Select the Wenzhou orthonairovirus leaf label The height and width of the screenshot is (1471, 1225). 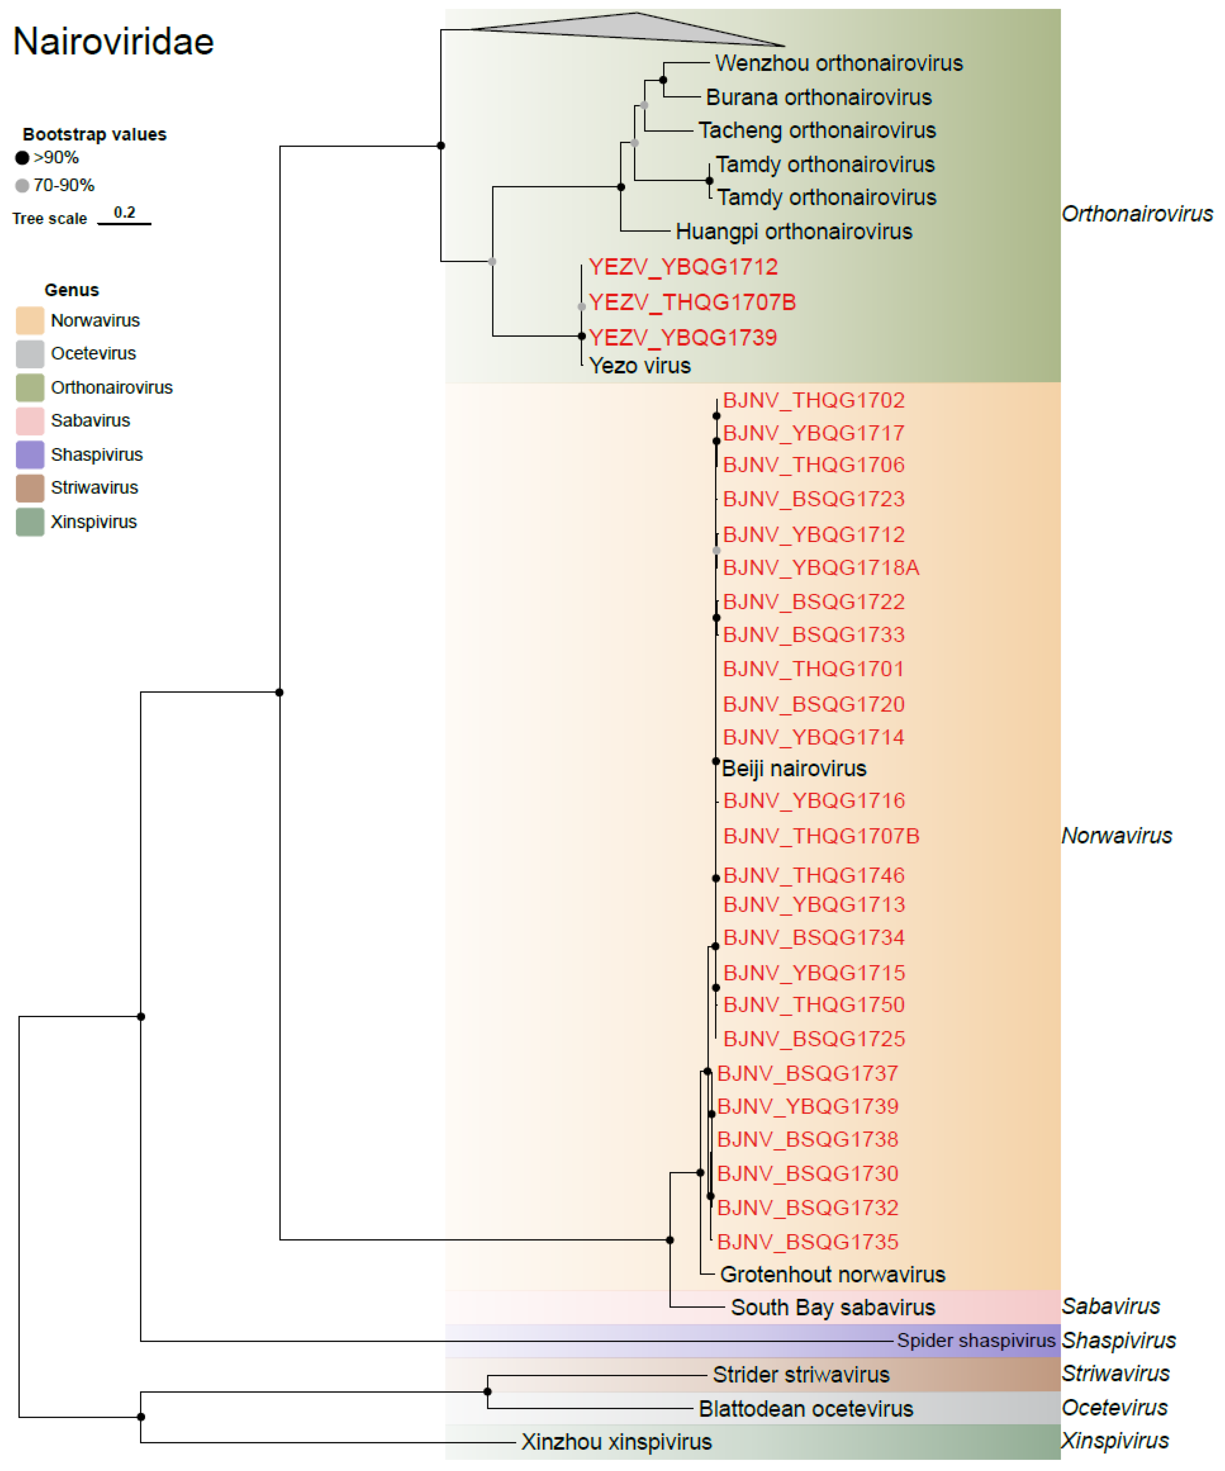pyautogui.click(x=838, y=63)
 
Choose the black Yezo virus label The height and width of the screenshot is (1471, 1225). pyautogui.click(x=640, y=366)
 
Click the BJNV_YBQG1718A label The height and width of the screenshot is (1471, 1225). pyautogui.click(x=821, y=567)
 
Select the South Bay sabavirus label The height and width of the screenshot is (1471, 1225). pyautogui.click(x=833, y=1307)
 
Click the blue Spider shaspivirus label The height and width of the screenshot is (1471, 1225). pyautogui.click(x=976, y=1340)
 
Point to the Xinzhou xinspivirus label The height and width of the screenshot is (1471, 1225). pyautogui.click(x=616, y=1442)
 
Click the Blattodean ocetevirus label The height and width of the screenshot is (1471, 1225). pyautogui.click(x=805, y=1409)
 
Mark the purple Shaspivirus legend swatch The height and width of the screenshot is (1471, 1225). pyautogui.click(x=30, y=455)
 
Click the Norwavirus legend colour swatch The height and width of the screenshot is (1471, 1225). pyautogui.click(x=30, y=320)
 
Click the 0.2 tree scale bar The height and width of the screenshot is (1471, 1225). pyautogui.click(x=124, y=223)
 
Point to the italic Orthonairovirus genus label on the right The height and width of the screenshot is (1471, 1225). pyautogui.click(x=1137, y=214)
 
